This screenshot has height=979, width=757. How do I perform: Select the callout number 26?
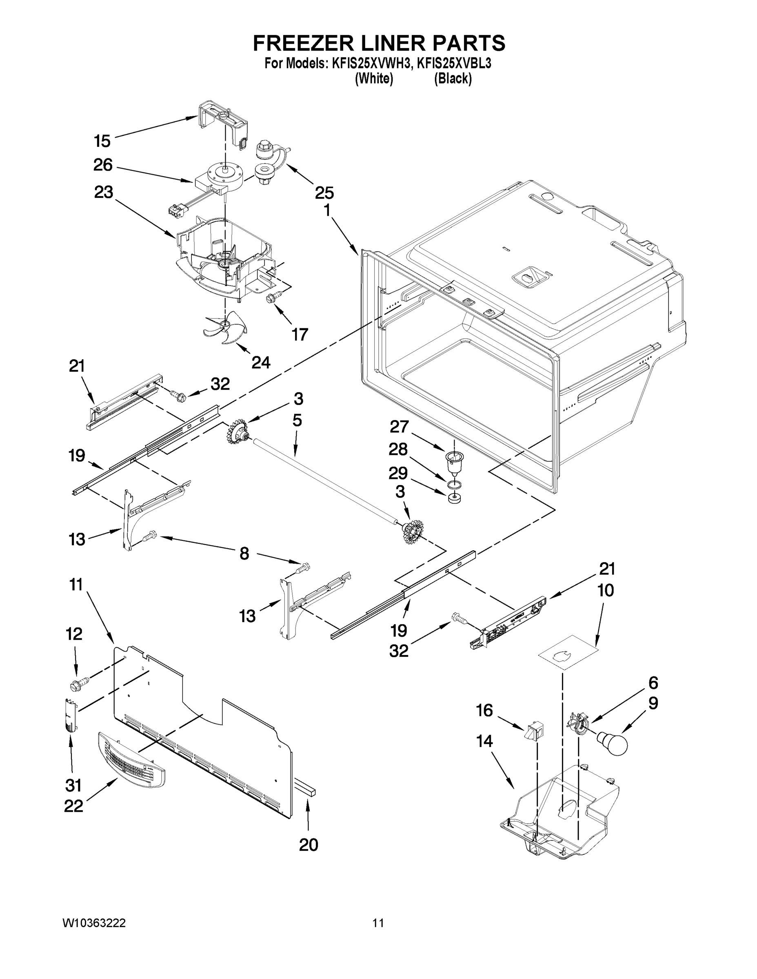click(103, 165)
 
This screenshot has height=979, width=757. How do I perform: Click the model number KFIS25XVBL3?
click(454, 64)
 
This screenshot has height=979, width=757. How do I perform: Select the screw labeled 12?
click(77, 684)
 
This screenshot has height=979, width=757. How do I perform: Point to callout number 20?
click(309, 845)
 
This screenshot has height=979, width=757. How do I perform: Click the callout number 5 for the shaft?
click(297, 421)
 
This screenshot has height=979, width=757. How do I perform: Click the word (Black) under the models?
click(453, 79)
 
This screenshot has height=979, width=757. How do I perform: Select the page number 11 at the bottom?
click(378, 923)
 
